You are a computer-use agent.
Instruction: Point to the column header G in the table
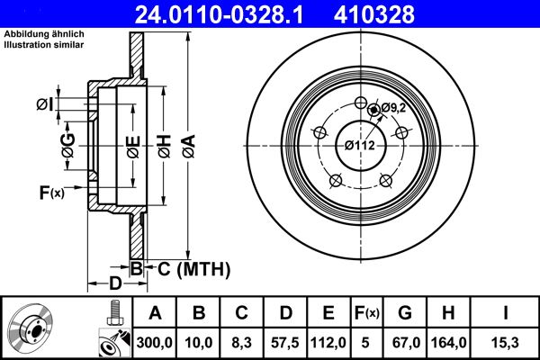coord(406,312)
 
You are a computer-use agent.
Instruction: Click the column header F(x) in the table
coord(366,312)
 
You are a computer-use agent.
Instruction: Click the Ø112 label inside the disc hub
coord(360,144)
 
